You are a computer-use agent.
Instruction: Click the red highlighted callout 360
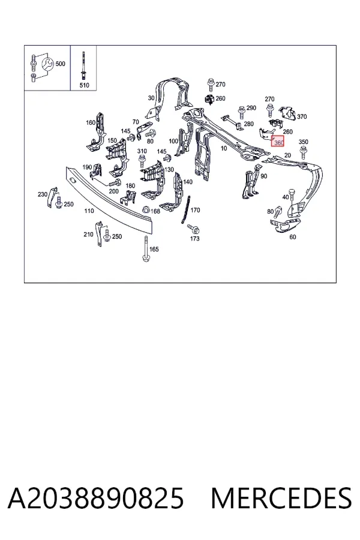278,141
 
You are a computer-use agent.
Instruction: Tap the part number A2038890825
96,498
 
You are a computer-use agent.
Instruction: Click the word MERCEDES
281,498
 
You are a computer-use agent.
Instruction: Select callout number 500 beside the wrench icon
60,64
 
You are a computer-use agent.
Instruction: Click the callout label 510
84,85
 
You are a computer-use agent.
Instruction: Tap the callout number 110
89,211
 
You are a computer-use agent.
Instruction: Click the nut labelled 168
146,209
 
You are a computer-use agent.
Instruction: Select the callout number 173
194,238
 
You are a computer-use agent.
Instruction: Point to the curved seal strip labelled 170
185,209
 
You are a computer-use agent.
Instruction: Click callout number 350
303,142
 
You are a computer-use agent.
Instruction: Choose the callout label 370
302,116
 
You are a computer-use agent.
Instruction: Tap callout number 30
151,98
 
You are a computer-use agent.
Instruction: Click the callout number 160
91,122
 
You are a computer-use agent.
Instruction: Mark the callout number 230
43,194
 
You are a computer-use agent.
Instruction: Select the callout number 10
224,148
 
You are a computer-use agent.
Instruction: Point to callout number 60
292,237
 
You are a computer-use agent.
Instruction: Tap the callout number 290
251,108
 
